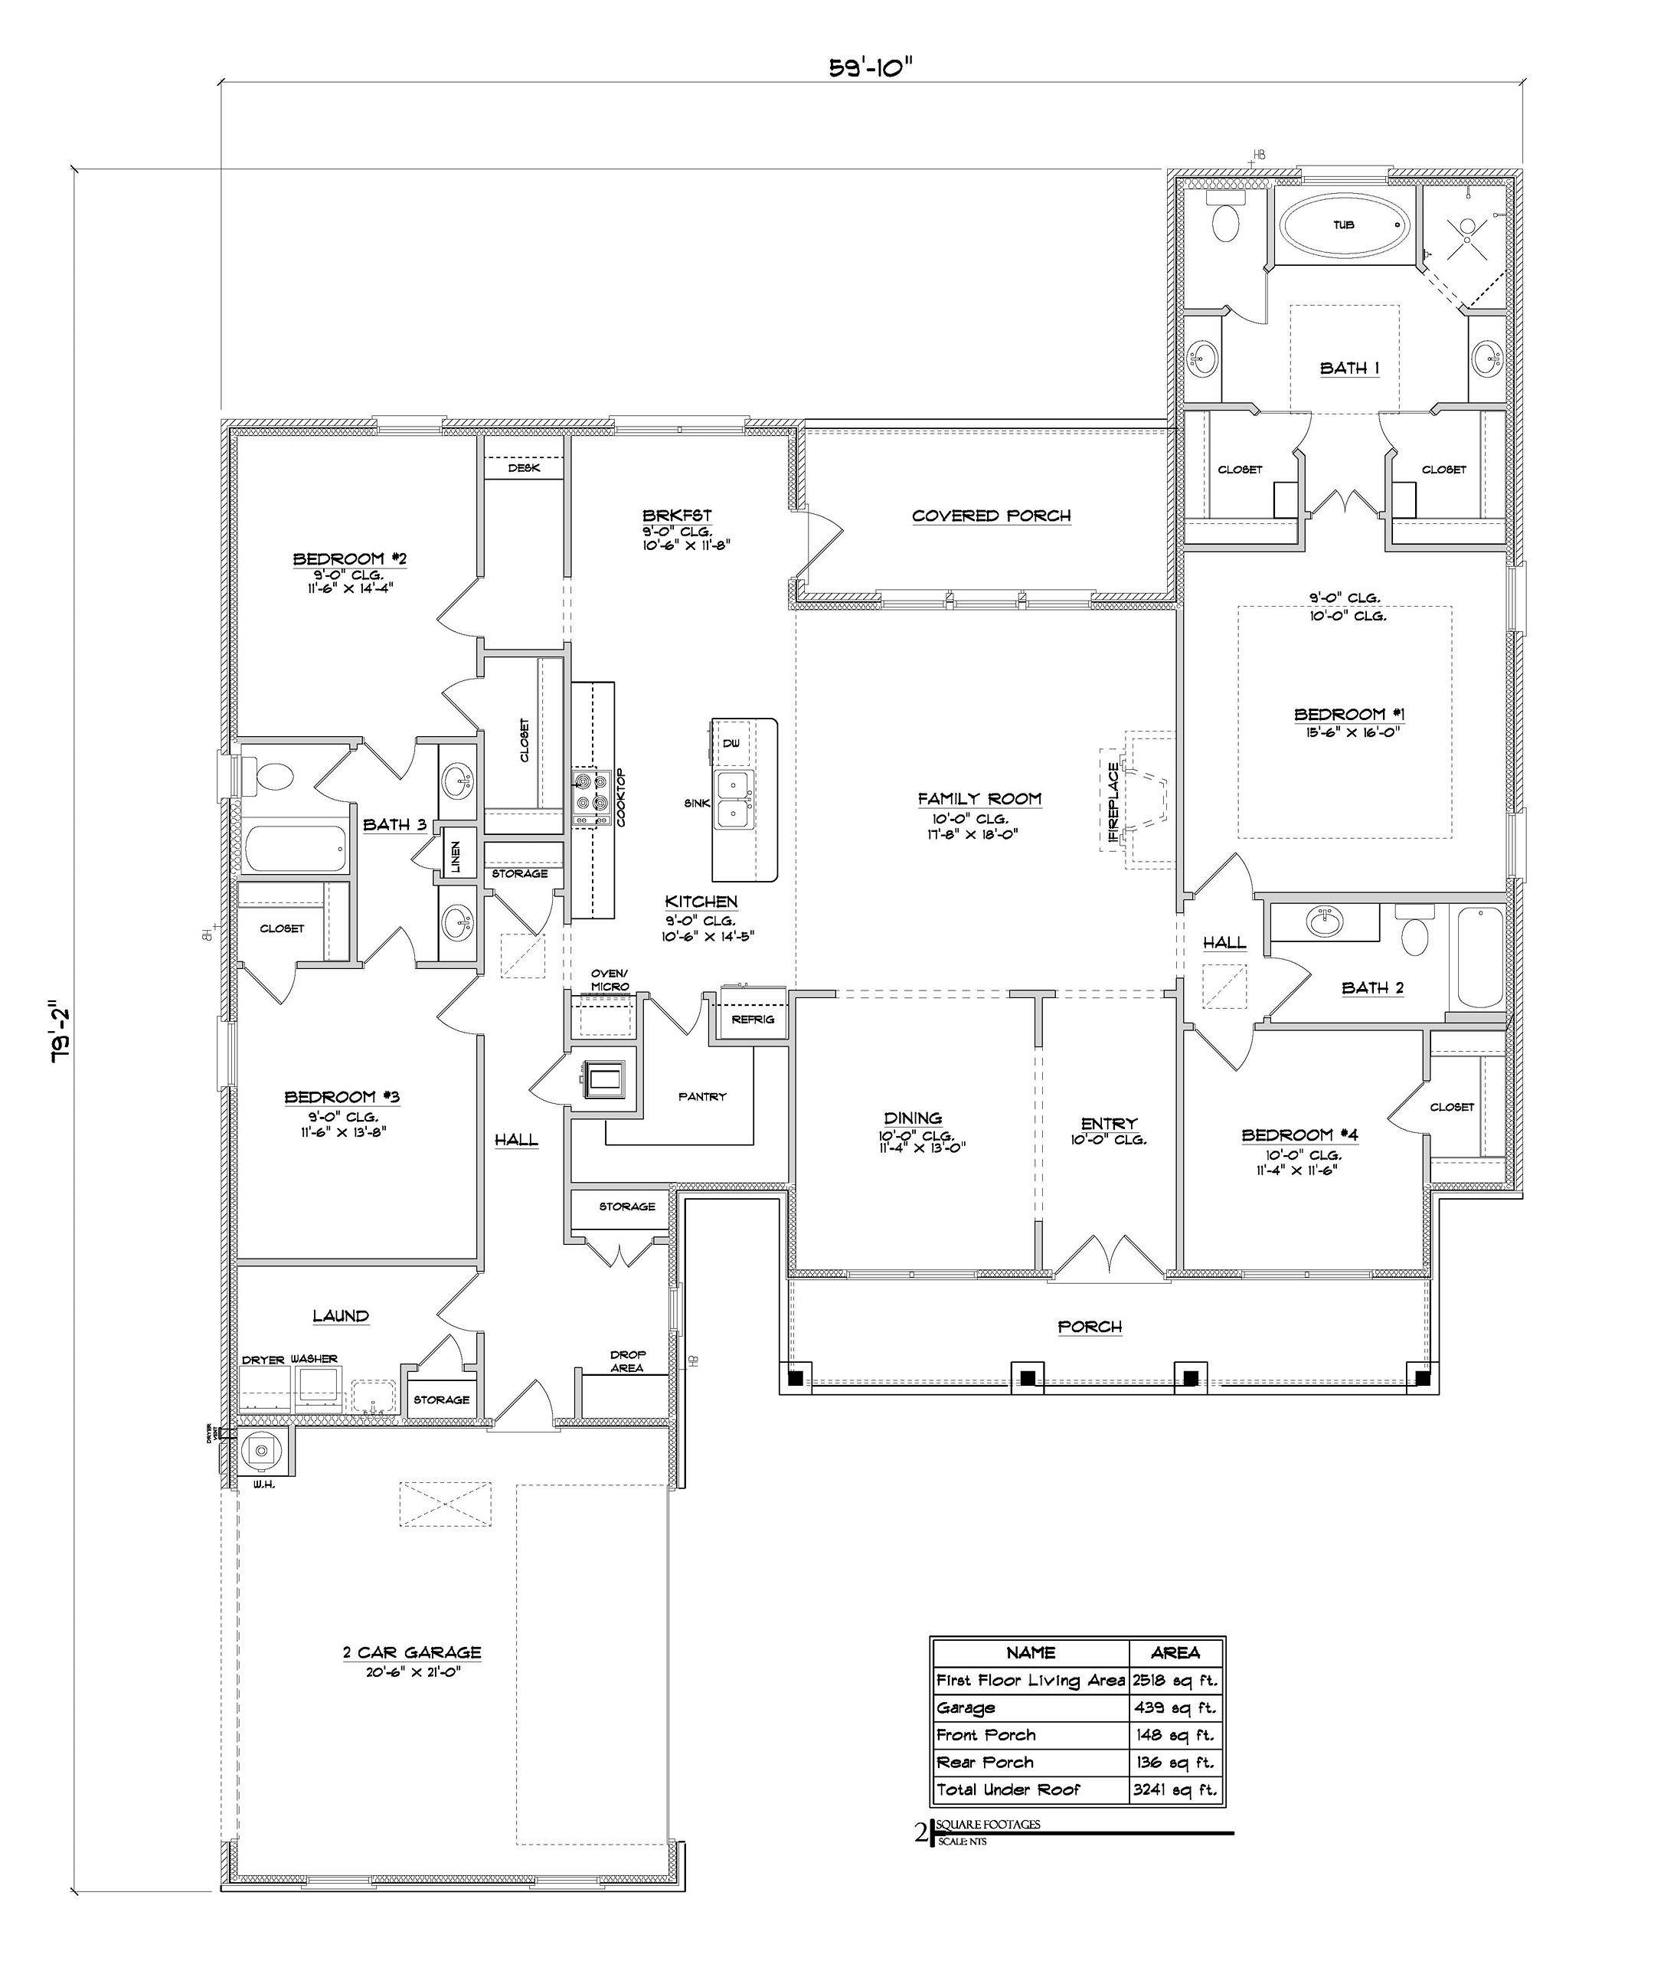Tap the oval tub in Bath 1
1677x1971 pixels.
pyautogui.click(x=1342, y=225)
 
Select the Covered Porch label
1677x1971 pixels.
pyautogui.click(x=991, y=516)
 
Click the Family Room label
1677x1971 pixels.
pyautogui.click(x=979, y=799)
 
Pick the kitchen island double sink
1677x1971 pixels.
pyautogui.click(x=734, y=801)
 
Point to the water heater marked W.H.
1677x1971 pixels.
pyautogui.click(x=260, y=1450)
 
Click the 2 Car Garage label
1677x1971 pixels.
pyautogui.click(x=412, y=1652)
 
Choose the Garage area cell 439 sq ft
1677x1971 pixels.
pyautogui.click(x=1175, y=1707)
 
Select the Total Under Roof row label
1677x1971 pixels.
pyautogui.click(x=1008, y=1789)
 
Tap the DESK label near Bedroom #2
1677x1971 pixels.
pyautogui.click(x=524, y=468)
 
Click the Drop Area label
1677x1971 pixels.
pyautogui.click(x=627, y=1360)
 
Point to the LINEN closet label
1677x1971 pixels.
pyautogui.click(x=456, y=856)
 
